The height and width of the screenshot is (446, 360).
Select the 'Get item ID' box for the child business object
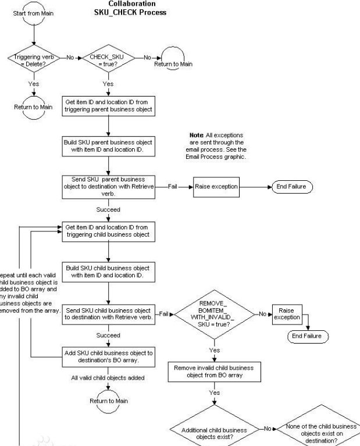109,231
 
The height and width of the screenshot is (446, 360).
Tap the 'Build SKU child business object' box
109,271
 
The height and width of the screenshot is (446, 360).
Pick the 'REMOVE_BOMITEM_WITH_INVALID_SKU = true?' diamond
215,314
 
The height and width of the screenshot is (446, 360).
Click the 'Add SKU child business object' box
109,356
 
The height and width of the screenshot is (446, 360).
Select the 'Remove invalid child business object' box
215,372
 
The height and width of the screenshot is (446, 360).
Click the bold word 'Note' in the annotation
197,135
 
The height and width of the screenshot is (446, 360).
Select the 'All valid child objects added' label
109,378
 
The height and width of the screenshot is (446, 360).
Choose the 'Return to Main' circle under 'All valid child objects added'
108,401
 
